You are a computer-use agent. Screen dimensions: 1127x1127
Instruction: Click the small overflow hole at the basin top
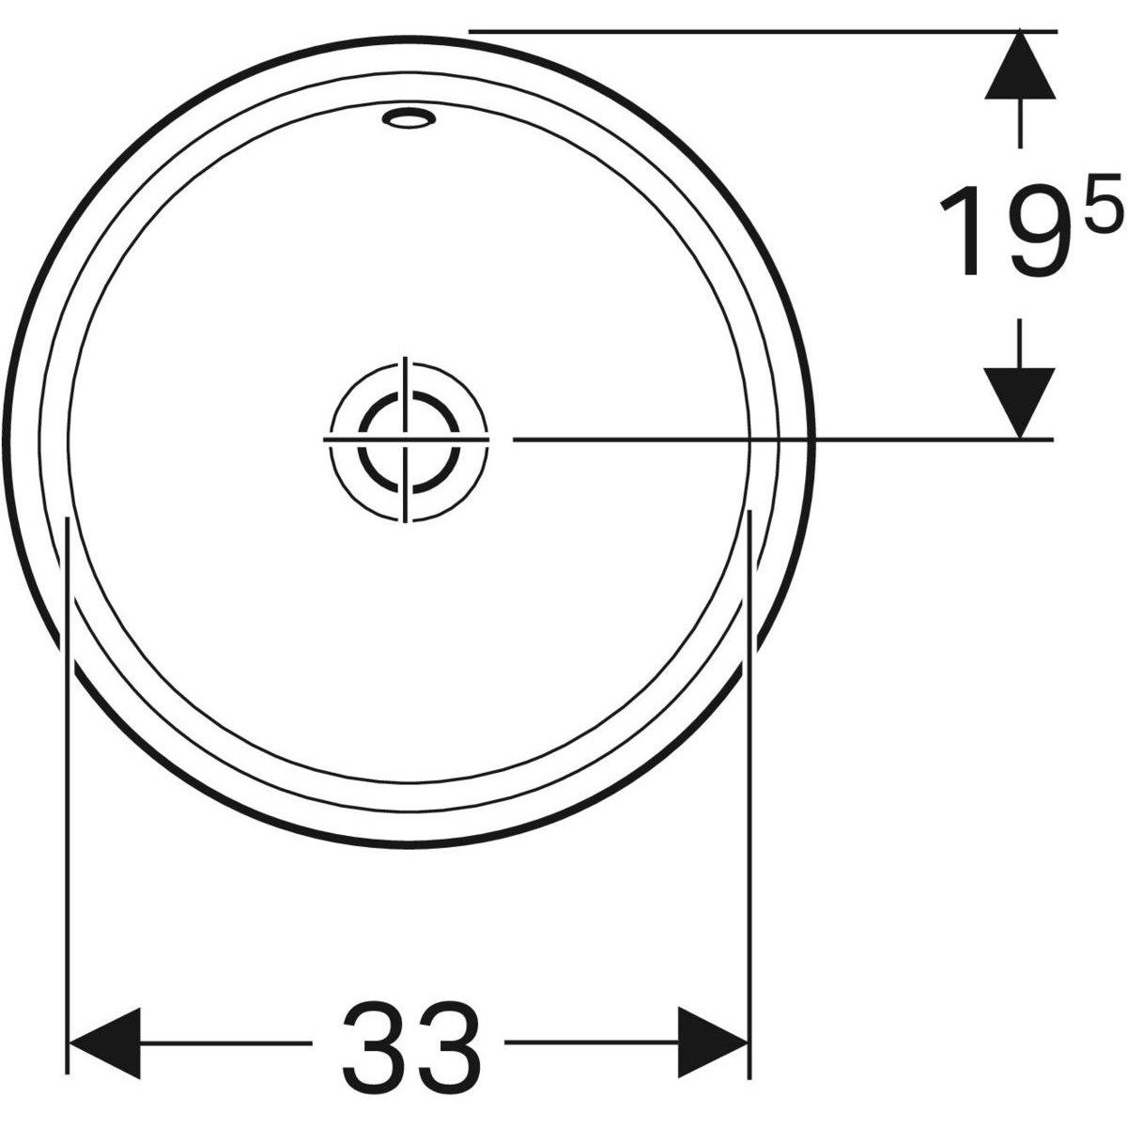point(409,119)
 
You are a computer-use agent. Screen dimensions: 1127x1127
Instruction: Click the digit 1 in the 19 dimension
point(960,230)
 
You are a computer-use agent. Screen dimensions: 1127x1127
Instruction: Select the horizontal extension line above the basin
point(751,31)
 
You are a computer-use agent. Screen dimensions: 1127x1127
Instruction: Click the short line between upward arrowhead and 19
point(1019,122)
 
